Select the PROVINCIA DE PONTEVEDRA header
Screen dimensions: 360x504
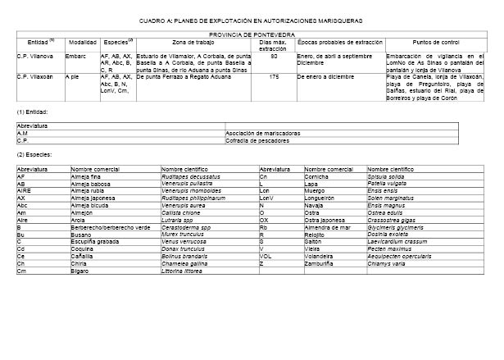252,34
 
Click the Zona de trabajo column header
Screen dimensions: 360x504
194,42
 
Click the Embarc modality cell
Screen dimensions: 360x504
76,56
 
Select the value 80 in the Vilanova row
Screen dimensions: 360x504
275,56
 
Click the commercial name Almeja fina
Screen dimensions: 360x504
85,176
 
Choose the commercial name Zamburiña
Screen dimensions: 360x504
318,263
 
